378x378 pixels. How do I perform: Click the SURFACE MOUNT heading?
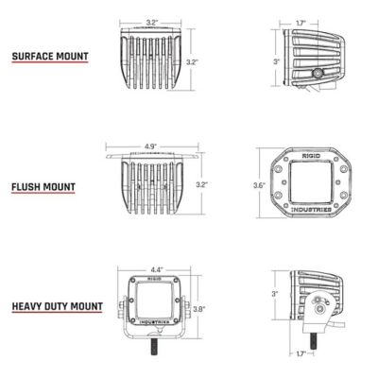click(50, 57)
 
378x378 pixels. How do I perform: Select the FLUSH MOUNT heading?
click(45, 184)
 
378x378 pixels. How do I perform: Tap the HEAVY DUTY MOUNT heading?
click(58, 305)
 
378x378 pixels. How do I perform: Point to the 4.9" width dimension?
click(151, 146)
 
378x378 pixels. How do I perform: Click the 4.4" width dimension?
click(156, 268)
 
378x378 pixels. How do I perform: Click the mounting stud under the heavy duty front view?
click(152, 362)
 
